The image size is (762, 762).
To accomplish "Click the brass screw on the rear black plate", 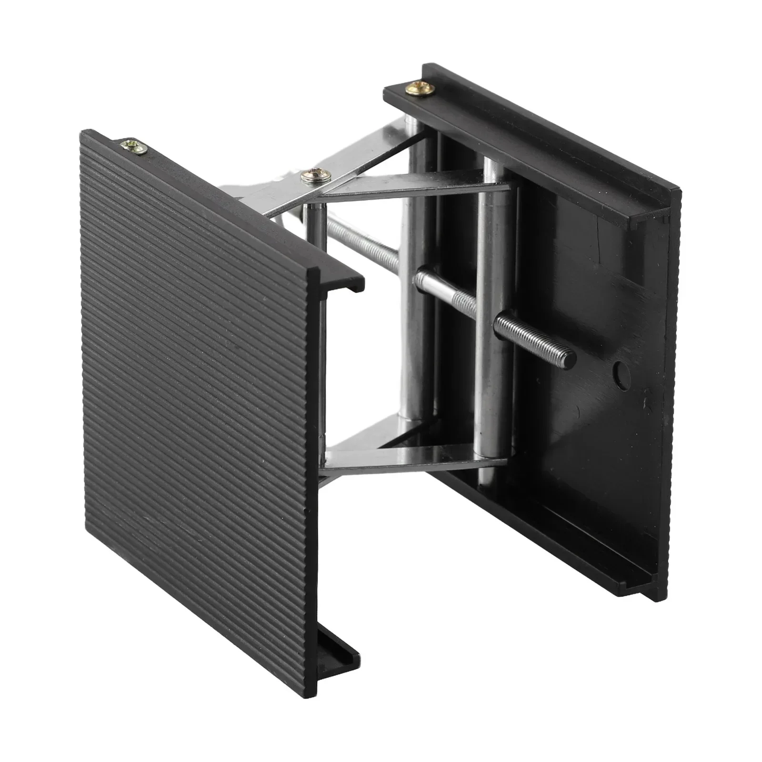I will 419,88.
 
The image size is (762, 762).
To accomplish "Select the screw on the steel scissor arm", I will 315,177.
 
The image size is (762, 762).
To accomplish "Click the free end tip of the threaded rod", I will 569,354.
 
